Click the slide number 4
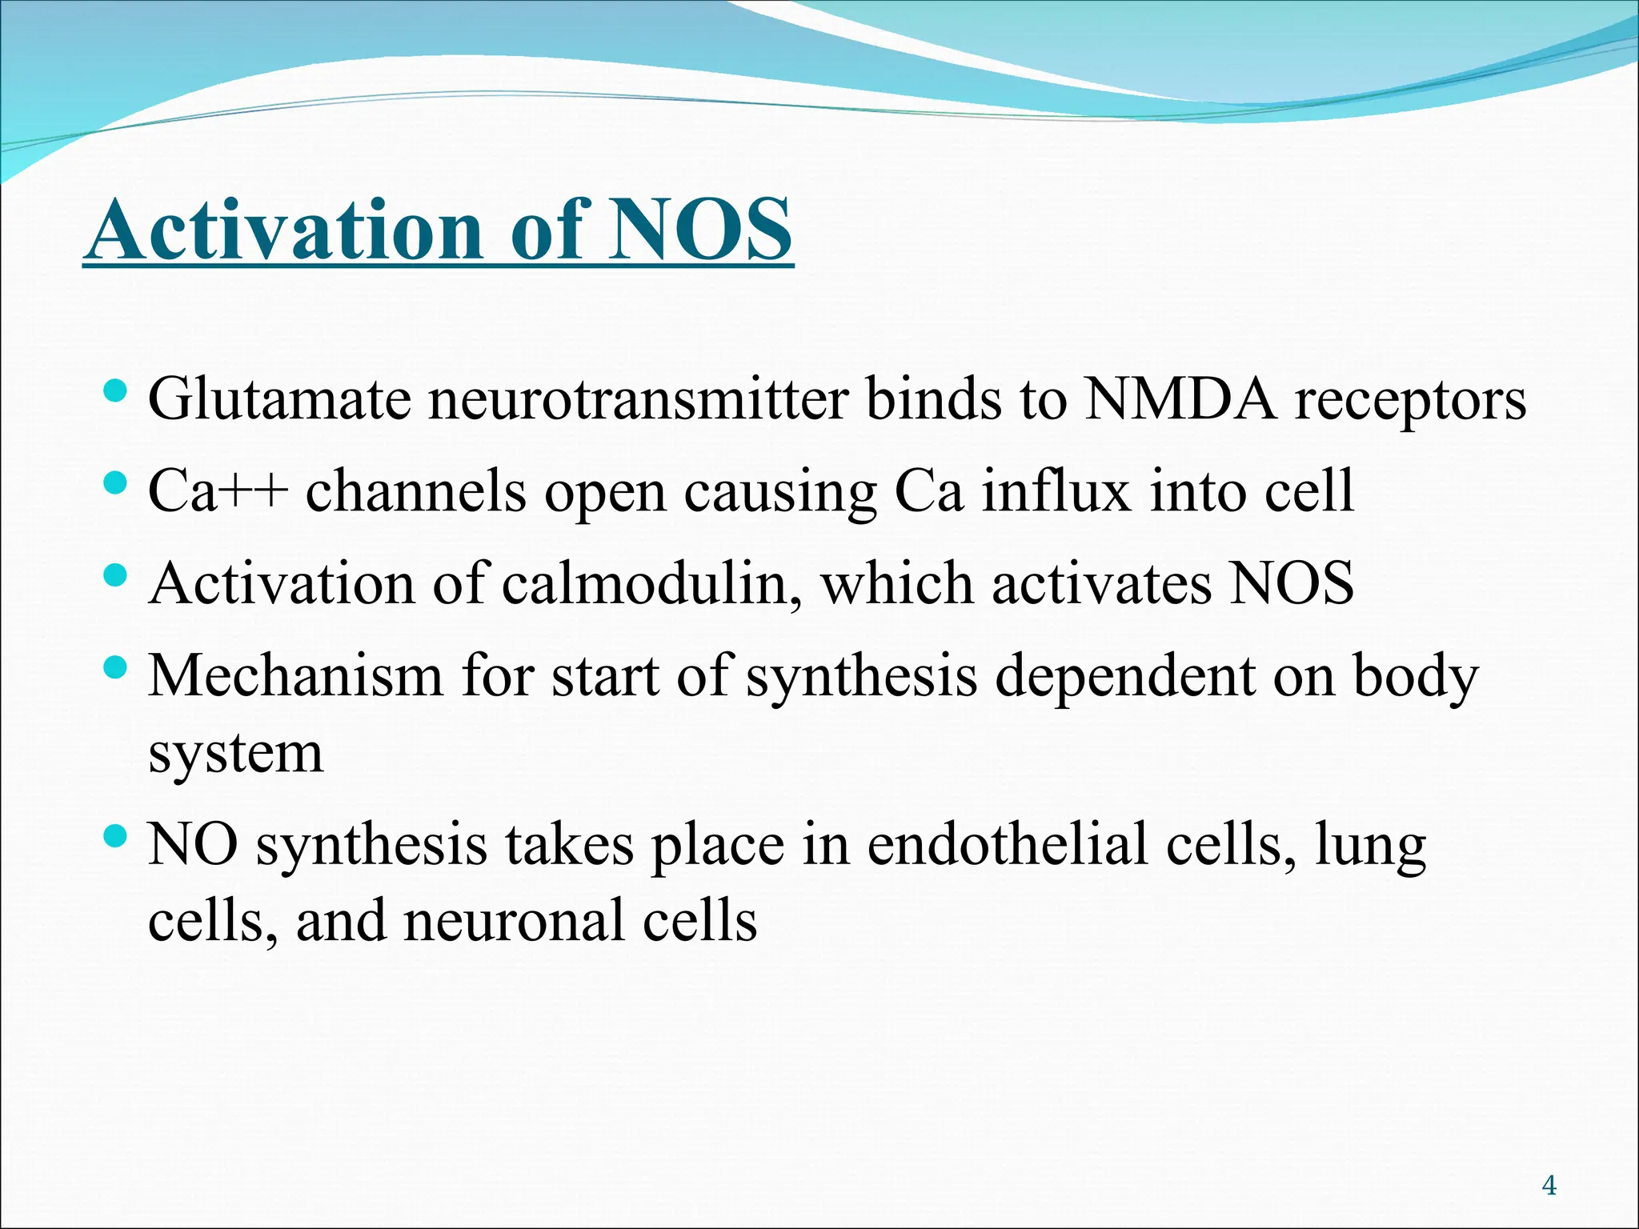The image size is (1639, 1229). [x=1549, y=1185]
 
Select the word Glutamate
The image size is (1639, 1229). [x=279, y=398]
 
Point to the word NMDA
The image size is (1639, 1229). [x=1180, y=398]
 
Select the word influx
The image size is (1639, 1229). [x=1056, y=490]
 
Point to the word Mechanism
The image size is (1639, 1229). [x=295, y=676]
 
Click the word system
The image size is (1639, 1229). [x=236, y=754]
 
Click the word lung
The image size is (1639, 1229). [x=1370, y=847]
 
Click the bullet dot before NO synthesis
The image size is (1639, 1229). [x=116, y=838]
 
